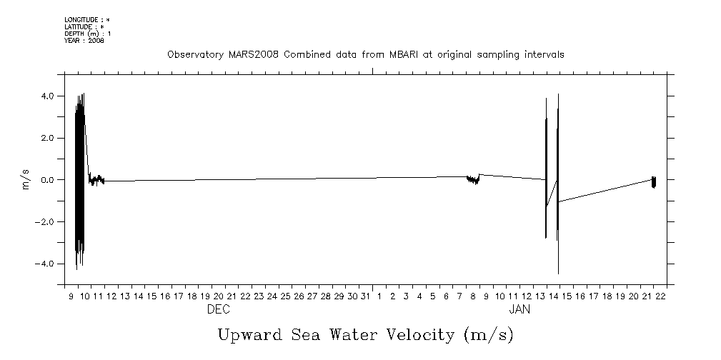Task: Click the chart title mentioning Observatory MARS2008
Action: click(365, 54)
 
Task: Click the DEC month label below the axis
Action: click(218, 310)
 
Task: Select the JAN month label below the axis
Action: click(519, 310)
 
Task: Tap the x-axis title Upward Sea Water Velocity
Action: click(365, 334)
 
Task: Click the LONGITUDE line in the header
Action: click(87, 19)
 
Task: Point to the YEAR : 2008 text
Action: click(84, 41)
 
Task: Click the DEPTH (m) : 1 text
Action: click(87, 34)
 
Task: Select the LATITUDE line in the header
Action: click(84, 26)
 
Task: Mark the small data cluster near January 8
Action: click(472, 179)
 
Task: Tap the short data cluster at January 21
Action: click(654, 181)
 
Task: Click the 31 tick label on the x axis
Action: click(365, 296)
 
